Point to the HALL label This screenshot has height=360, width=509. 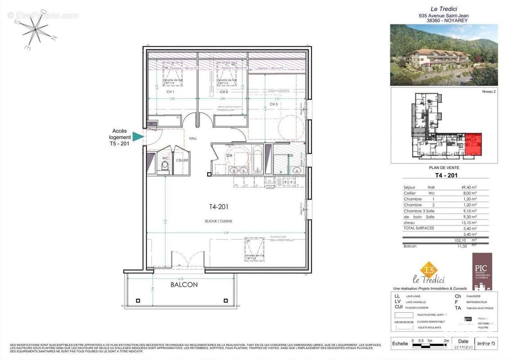coord(193,139)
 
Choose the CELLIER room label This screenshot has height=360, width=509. coord(182,160)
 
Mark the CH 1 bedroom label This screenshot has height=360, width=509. coord(170,92)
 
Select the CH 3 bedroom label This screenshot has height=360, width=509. coord(274,104)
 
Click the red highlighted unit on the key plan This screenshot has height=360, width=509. coord(473,144)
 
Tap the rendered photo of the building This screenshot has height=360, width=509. coord(443,55)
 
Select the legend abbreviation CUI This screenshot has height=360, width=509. coord(398,307)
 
